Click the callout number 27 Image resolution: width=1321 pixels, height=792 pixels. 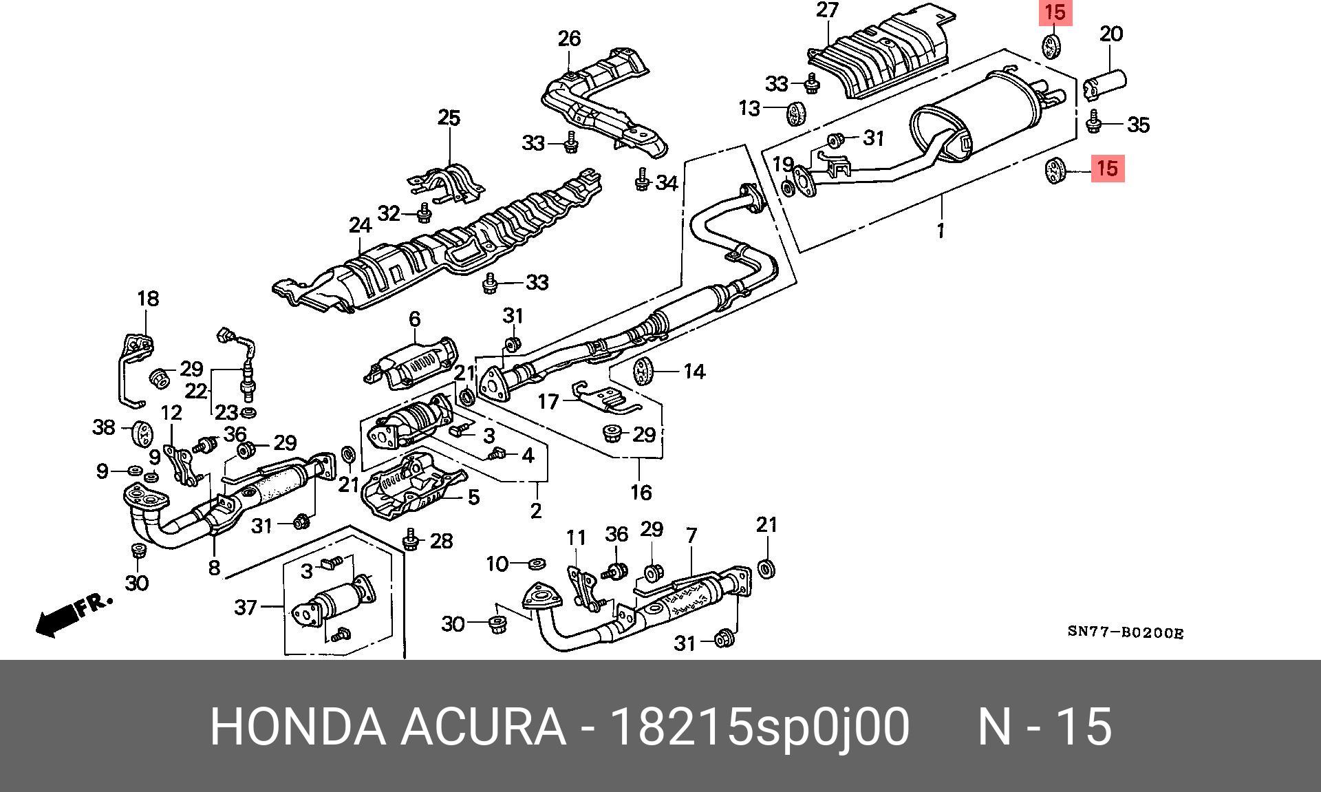point(827,11)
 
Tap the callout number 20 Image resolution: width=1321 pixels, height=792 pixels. point(1111,34)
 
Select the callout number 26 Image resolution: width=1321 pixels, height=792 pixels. point(569,39)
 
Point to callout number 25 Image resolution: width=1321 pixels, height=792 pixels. point(449,118)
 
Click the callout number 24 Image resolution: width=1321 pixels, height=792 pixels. point(360,225)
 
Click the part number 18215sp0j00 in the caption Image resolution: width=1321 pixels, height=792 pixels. point(760,727)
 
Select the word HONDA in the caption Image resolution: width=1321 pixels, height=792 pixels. point(297,727)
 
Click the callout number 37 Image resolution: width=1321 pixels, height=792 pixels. point(246,607)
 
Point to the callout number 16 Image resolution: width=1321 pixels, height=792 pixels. point(641,492)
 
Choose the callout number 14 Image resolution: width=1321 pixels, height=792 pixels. point(694,372)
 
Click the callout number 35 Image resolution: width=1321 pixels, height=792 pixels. point(1139,125)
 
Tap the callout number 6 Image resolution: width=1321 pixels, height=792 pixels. point(414,319)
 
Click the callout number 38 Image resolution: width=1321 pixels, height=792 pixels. point(104,427)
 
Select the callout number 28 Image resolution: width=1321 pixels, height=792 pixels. point(441,541)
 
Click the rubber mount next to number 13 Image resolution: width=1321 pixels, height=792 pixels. point(796,113)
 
